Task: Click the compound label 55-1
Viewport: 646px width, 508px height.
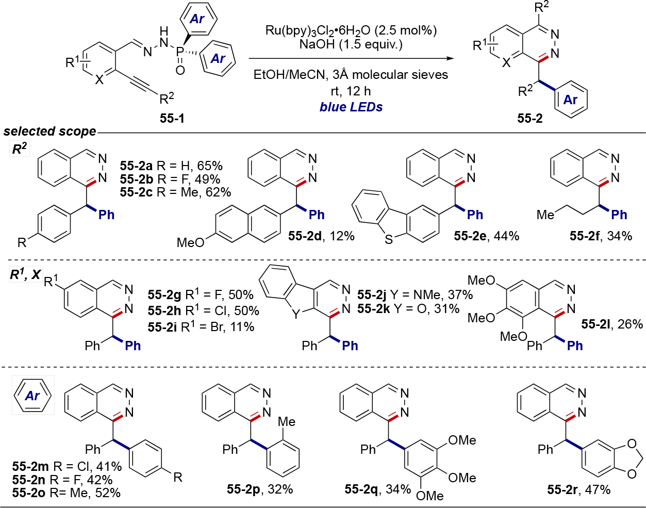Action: coord(172,118)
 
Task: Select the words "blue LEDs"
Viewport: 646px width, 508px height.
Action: coord(351,107)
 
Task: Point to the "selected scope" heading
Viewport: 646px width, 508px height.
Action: coord(49,132)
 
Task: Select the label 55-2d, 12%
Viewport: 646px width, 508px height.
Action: coord(321,236)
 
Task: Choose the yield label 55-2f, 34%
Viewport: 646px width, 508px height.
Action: coord(601,236)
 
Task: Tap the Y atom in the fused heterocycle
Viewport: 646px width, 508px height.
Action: coord(295,314)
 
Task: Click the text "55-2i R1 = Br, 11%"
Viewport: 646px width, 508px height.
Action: coord(201,326)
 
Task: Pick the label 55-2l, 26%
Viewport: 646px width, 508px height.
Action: coord(612,324)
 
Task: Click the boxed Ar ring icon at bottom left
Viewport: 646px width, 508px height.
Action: coord(32,396)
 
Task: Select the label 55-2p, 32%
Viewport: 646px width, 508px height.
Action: coord(260,489)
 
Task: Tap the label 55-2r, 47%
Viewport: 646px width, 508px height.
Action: coord(578,489)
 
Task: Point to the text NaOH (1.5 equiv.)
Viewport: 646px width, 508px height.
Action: coord(351,44)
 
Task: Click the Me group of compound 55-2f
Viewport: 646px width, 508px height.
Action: coord(545,215)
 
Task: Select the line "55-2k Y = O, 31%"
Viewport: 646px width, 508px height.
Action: coord(408,308)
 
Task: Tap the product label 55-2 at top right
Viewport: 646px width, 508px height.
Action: coord(530,118)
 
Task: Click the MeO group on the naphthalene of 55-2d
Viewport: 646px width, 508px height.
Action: coord(190,242)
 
